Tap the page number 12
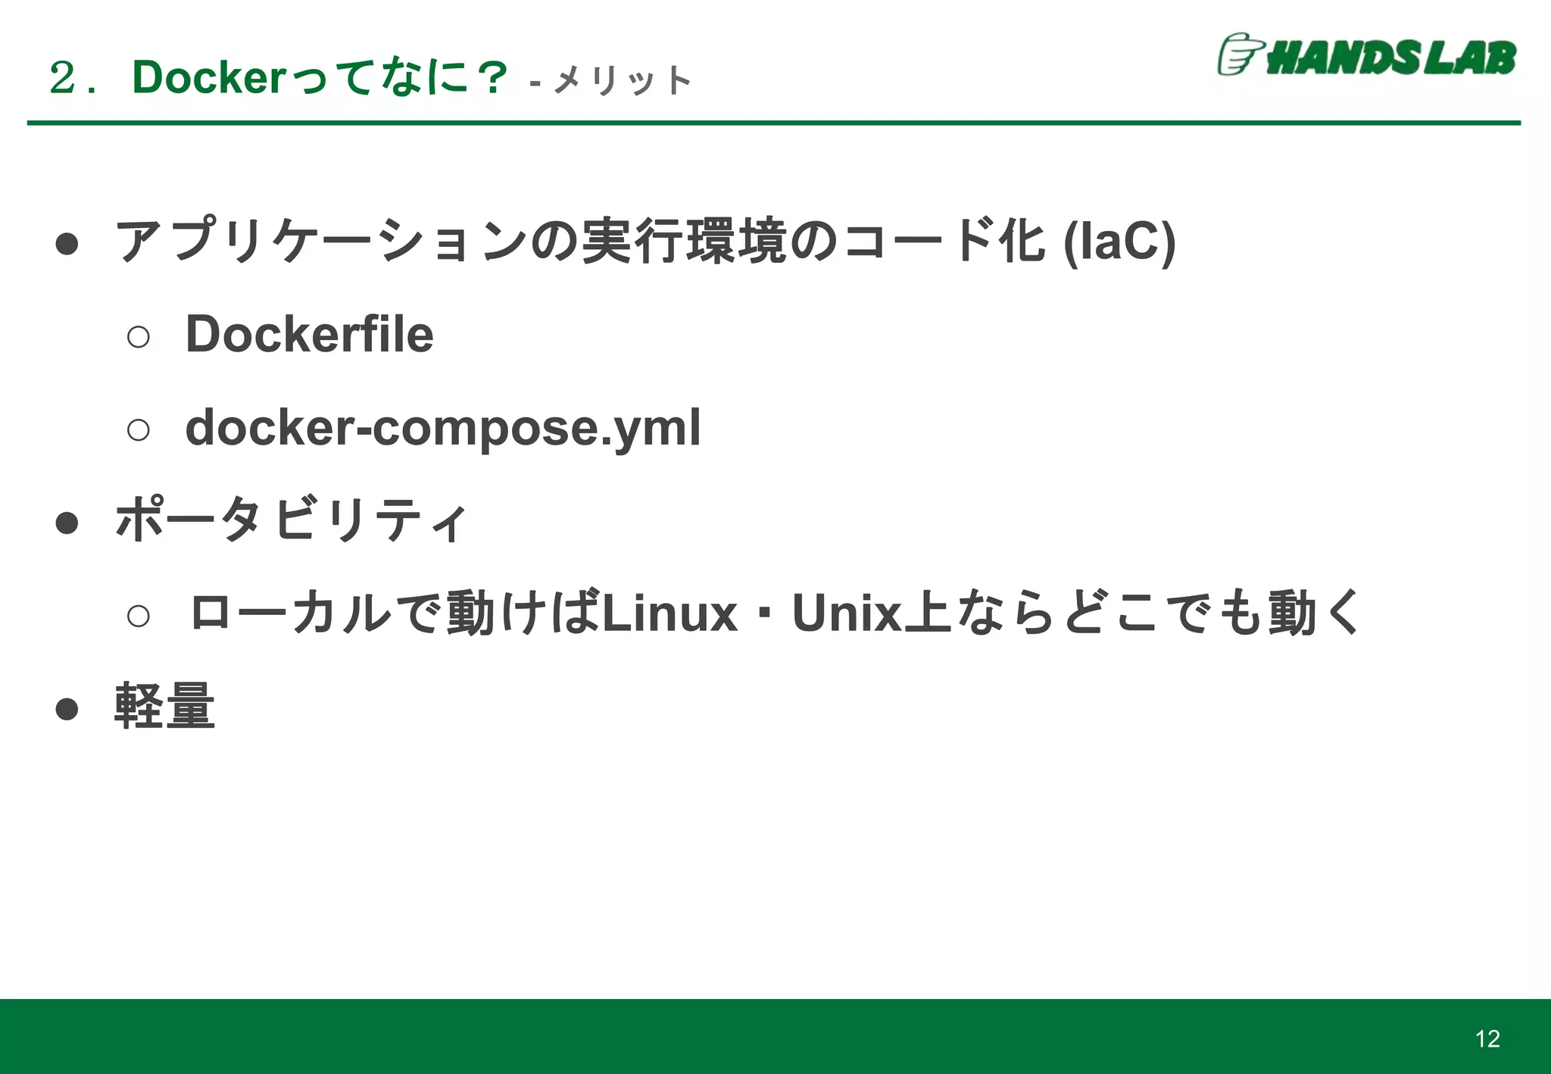tap(1487, 1038)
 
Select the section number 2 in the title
tap(63, 78)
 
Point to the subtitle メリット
tap(623, 80)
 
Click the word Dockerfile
tap(309, 334)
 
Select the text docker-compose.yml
tap(443, 428)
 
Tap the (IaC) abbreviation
tap(1119, 242)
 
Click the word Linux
tap(669, 613)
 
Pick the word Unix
tap(847, 613)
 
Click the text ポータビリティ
tap(291, 520)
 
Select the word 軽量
tap(164, 707)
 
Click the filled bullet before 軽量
tap(67, 709)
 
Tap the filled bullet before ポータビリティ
tap(67, 523)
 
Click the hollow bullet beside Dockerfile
tap(139, 336)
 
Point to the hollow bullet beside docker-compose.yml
tap(139, 430)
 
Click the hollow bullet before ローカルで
tap(139, 616)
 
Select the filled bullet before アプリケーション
tap(67, 243)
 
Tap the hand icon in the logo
tap(1239, 55)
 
